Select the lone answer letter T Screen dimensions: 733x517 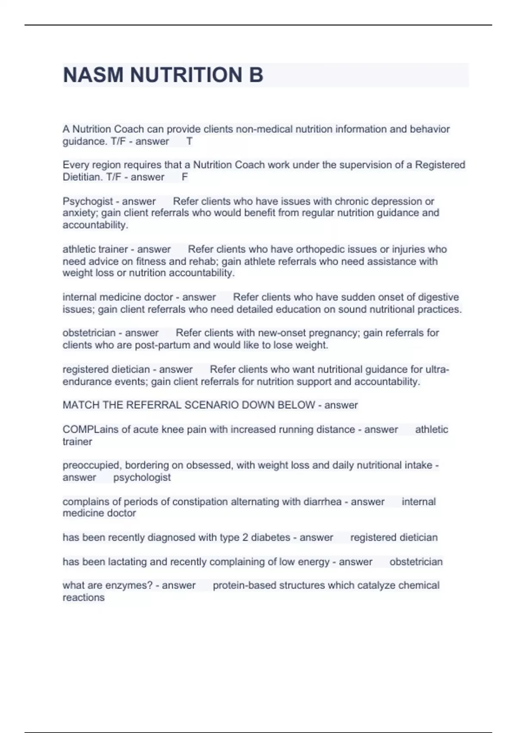(x=189, y=141)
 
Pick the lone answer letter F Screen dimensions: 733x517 (x=185, y=177)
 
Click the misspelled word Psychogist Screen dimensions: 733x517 (x=88, y=201)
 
